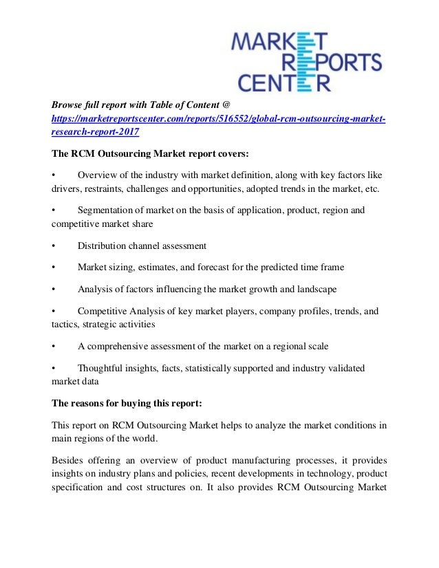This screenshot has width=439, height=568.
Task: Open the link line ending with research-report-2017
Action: [x=95, y=132]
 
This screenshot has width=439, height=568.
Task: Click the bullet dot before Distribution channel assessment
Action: [x=54, y=245]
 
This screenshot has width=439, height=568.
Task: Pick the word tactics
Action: [x=65, y=324]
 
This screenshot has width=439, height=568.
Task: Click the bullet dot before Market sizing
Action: [x=54, y=267]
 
